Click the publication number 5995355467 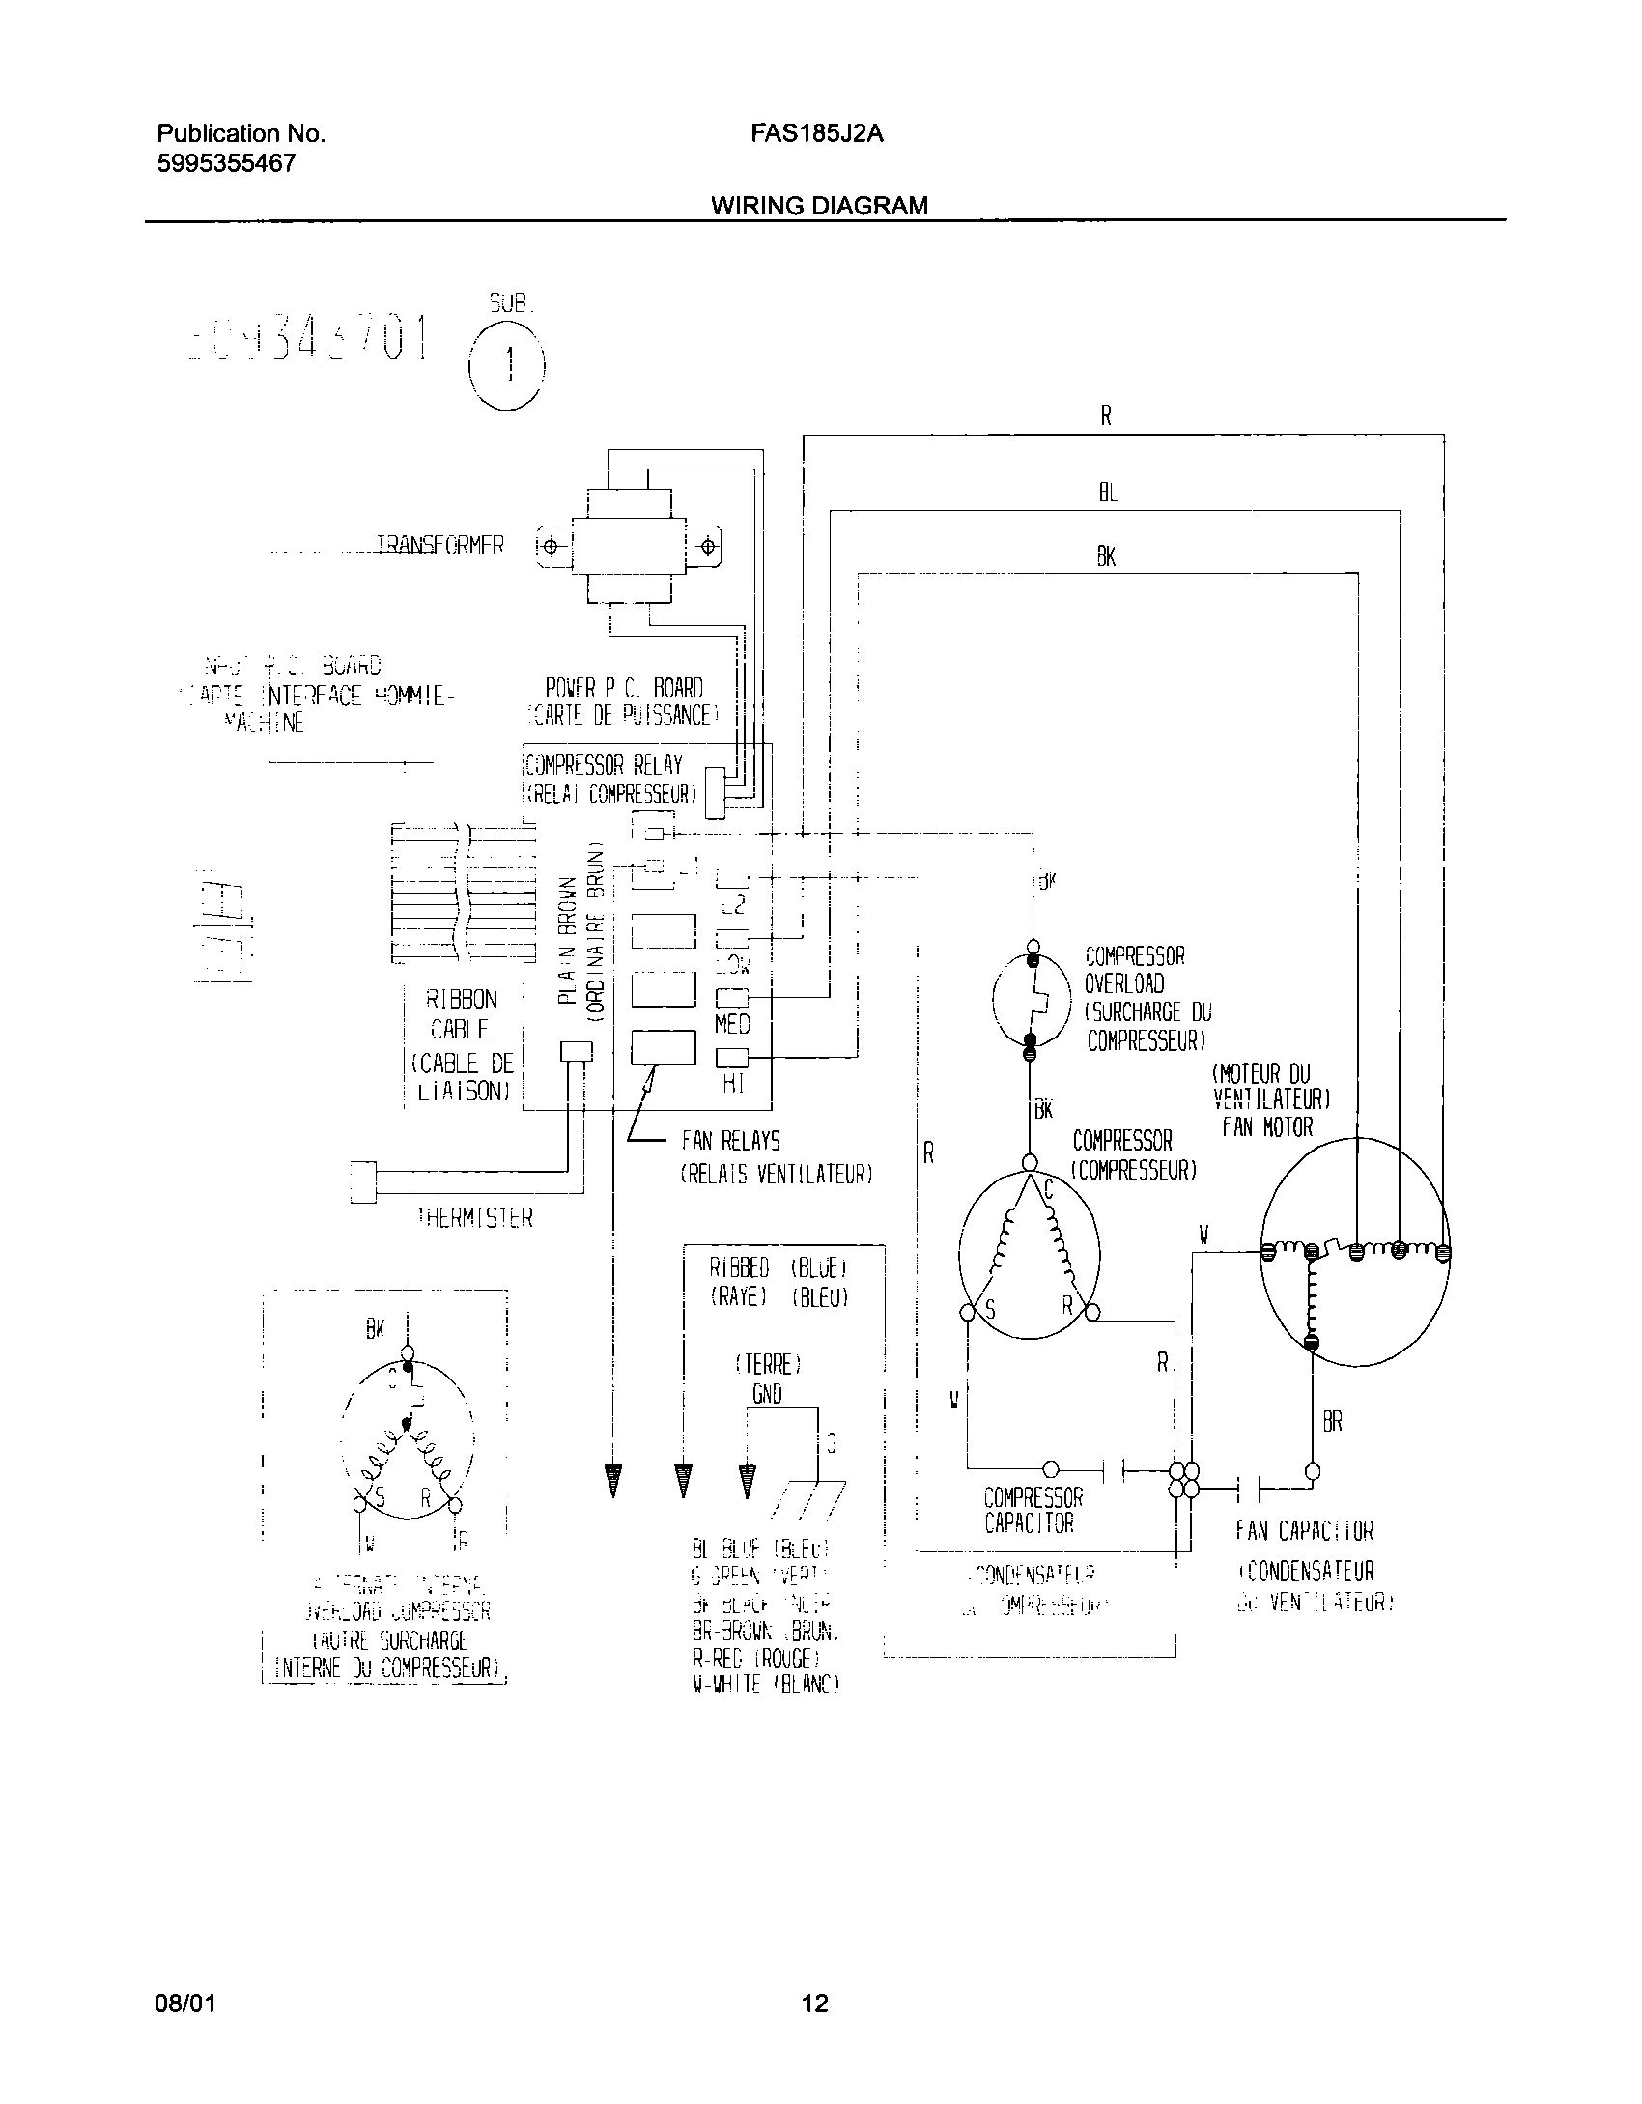[x=226, y=163]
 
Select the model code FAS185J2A [x=816, y=134]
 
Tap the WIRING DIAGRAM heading [x=819, y=205]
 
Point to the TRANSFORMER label [x=439, y=546]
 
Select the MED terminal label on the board [x=732, y=1023]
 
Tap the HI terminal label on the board [x=733, y=1085]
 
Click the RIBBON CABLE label [x=463, y=1014]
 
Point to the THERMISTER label [x=474, y=1218]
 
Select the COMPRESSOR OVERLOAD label [x=1134, y=970]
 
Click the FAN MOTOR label [x=1267, y=1127]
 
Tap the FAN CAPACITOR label [x=1304, y=1531]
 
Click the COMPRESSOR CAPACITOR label [x=1033, y=1511]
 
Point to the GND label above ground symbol [x=767, y=1394]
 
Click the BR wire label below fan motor [x=1332, y=1423]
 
